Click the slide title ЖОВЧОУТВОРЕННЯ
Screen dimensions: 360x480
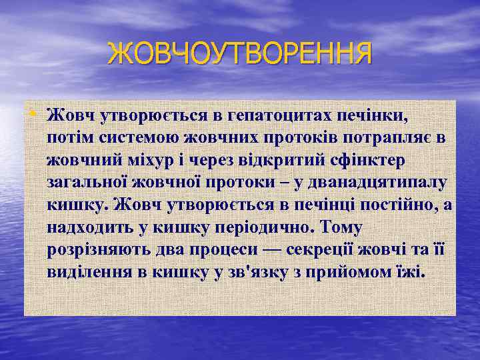239,53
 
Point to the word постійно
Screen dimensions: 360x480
388,206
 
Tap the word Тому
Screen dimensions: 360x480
340,228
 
